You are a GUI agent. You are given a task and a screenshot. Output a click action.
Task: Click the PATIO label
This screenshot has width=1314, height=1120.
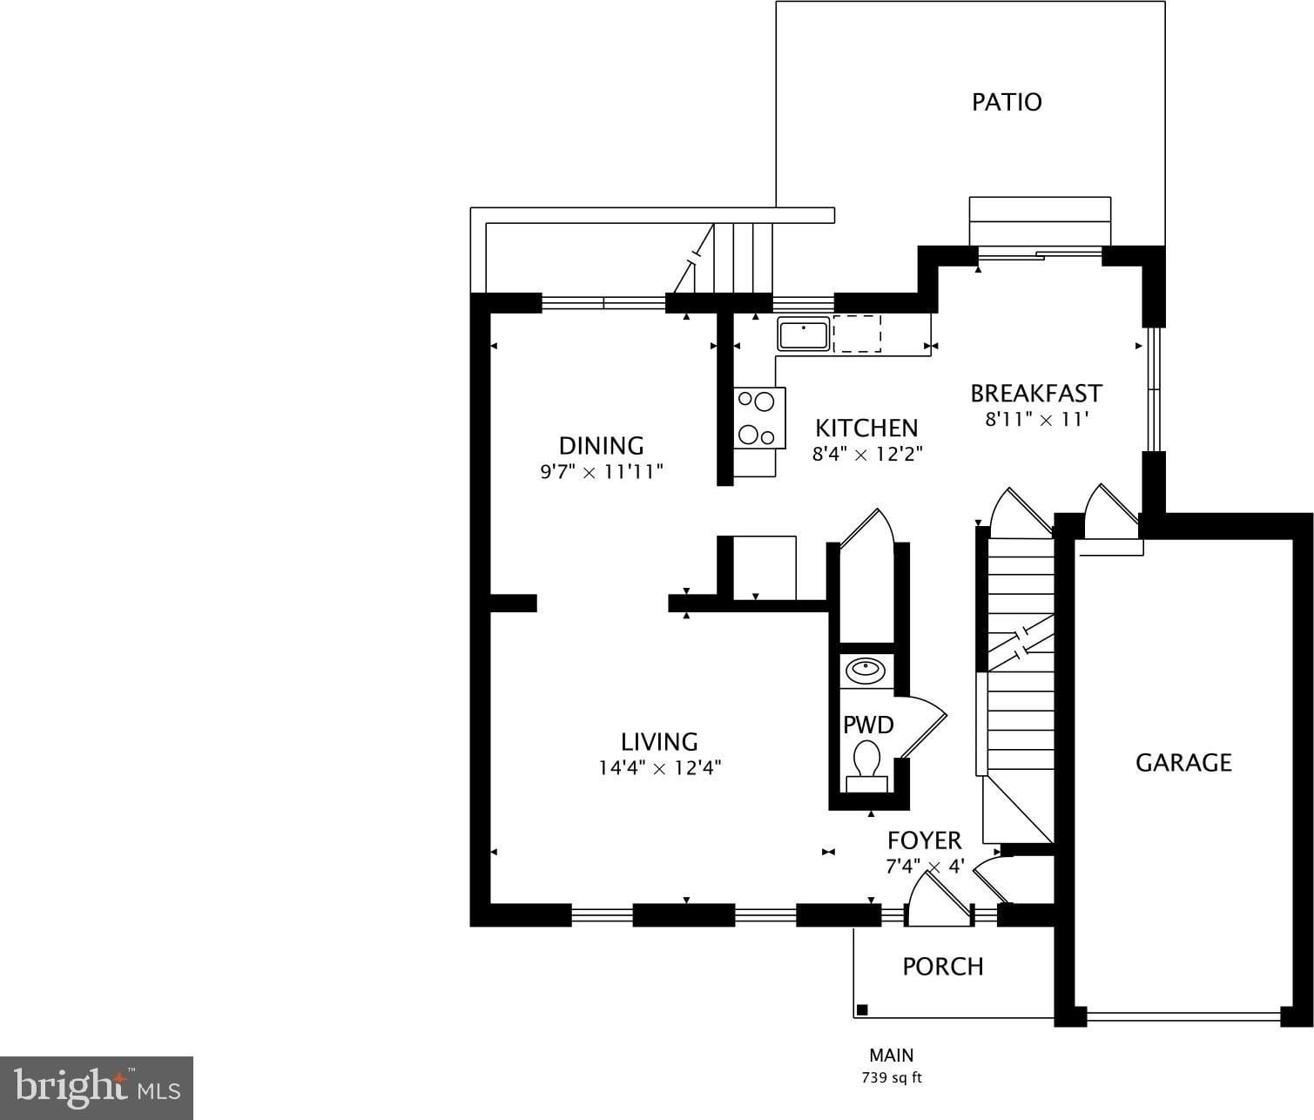tap(1007, 102)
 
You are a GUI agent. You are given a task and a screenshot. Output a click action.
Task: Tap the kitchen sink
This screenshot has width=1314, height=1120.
tap(803, 334)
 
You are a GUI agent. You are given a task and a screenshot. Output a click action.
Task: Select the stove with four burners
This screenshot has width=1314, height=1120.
tap(758, 418)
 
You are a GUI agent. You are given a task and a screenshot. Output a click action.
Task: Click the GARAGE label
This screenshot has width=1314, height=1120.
tap(1183, 763)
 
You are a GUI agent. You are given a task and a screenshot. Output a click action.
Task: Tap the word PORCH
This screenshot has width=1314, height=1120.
tap(942, 967)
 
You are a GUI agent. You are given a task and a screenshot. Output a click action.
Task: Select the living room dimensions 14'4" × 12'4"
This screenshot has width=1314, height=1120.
tap(659, 768)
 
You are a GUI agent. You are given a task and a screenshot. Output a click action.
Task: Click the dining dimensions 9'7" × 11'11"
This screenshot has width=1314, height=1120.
tap(602, 472)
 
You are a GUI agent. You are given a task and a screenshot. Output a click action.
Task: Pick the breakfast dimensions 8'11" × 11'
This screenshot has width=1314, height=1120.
tap(1036, 419)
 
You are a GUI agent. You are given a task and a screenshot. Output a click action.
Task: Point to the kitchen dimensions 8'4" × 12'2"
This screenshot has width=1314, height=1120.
tap(866, 454)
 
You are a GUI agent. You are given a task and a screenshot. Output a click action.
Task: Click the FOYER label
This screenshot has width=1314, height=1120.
tap(924, 840)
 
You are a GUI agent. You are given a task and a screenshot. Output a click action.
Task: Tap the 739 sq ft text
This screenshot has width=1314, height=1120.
tap(891, 1078)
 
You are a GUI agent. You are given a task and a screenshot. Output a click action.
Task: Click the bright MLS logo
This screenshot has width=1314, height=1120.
tap(97, 1088)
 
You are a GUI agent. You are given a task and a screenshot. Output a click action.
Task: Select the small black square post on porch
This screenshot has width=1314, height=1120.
tap(862, 1010)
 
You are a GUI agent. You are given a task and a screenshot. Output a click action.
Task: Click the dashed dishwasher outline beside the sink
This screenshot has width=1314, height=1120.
tap(857, 334)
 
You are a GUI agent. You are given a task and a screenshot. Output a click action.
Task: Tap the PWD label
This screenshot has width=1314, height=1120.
tap(867, 725)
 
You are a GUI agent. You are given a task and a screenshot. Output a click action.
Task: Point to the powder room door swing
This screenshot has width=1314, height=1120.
tap(923, 727)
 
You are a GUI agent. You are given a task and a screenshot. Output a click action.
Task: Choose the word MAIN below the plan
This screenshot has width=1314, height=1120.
tap(891, 1056)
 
